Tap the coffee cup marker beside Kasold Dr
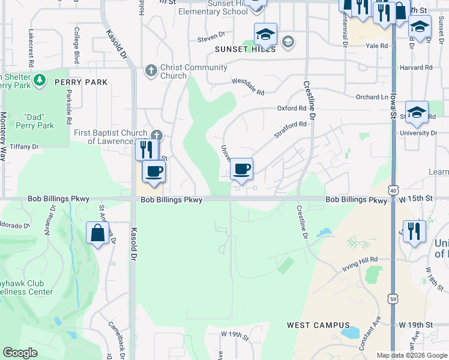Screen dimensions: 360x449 (x=154, y=171)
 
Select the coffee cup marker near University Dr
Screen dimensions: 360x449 (x=241, y=169)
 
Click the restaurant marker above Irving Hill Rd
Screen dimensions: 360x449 (x=414, y=231)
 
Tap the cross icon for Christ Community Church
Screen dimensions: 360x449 (x=151, y=71)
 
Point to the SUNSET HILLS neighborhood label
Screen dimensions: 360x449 (x=245, y=49)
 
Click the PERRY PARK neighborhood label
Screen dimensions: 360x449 (x=80, y=82)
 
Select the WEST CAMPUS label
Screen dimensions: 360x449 (x=310, y=325)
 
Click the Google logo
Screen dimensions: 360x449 (x=20, y=353)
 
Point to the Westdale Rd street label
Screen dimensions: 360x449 (x=248, y=88)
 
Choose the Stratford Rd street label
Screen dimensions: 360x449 (x=291, y=130)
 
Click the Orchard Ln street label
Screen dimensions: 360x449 (x=372, y=97)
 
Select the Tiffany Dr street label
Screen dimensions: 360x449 (x=25, y=146)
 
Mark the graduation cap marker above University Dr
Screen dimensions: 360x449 (x=417, y=112)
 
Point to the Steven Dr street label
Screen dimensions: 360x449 (x=211, y=40)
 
